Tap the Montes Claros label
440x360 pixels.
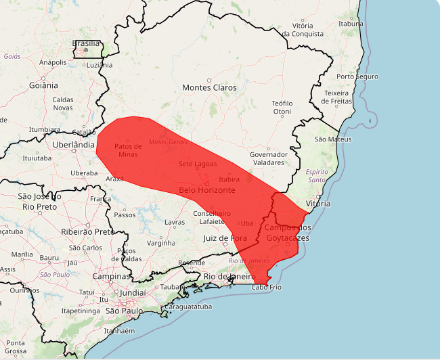(x=209, y=88)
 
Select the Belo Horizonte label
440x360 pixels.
(x=207, y=190)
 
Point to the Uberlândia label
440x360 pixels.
(x=74, y=145)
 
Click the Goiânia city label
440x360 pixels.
(x=44, y=86)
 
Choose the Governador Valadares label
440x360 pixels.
(x=269, y=158)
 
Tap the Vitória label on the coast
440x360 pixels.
(x=318, y=203)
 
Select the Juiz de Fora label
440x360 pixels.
(x=225, y=238)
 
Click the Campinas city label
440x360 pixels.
(x=112, y=276)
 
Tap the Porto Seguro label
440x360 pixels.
(x=357, y=76)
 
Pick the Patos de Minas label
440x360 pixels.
(x=127, y=150)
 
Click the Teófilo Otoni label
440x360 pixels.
(x=282, y=107)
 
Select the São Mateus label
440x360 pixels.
(x=333, y=139)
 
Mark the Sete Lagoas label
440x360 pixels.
(x=198, y=164)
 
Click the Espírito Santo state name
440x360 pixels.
(x=317, y=176)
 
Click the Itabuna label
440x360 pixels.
(x=351, y=24)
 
